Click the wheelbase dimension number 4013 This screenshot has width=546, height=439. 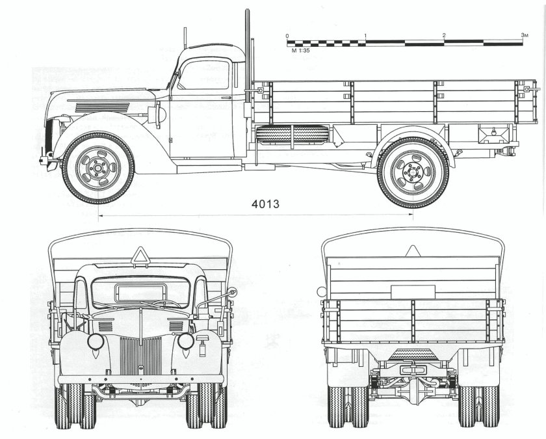[265, 204]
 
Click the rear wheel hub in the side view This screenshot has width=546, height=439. [412, 172]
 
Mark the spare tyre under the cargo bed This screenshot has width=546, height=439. [292, 135]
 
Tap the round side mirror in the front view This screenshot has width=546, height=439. [231, 293]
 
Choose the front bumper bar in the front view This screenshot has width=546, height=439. [140, 379]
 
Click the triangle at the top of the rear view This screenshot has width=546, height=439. [412, 251]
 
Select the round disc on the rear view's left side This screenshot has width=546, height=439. [320, 292]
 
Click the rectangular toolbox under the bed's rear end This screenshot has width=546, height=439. [491, 135]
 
